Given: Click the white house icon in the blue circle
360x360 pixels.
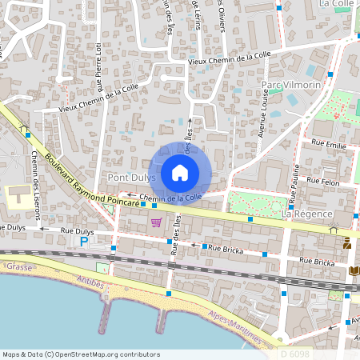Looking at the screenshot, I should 180,172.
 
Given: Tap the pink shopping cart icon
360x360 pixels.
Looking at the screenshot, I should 157,222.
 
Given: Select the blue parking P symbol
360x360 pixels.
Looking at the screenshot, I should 85,240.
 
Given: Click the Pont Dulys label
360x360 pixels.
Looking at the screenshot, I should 130,177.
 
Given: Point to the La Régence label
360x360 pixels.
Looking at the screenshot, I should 306,214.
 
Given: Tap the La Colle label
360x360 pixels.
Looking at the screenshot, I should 336,4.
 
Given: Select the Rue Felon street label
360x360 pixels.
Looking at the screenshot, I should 323,182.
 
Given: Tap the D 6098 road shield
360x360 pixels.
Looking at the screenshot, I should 296,352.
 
